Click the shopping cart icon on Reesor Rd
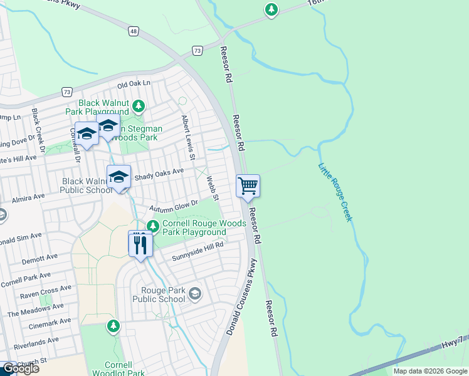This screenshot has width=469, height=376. coord(248,185)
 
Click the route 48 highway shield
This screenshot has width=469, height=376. coord(133,29)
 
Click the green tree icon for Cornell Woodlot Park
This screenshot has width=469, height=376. coord(113,326)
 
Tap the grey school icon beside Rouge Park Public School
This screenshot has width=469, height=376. coord(195,294)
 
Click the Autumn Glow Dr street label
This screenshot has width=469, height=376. coord(173,206)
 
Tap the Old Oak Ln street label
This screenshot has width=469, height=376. coord(134,83)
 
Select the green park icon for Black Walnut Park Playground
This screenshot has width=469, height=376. coord(139,106)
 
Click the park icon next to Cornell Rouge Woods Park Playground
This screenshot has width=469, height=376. coord(152,226)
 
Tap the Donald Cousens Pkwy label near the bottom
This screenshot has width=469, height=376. coord(242,301)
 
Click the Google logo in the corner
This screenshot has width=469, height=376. coord(19,368)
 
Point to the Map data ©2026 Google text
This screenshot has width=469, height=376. coord(429,371)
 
